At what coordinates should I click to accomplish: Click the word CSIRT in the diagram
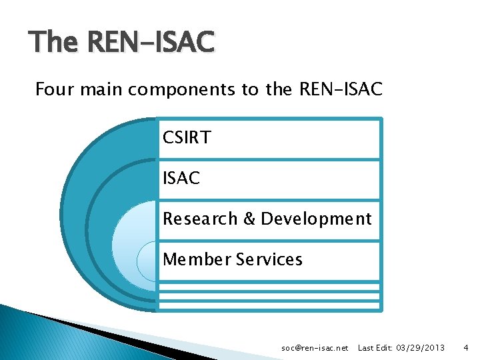click(x=187, y=138)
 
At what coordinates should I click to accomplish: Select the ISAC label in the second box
click(x=181, y=179)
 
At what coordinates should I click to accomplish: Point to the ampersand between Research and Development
click(x=249, y=219)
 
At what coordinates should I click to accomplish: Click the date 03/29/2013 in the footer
click(x=420, y=348)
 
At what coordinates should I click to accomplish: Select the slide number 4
click(x=466, y=348)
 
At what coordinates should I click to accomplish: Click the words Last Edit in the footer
click(x=375, y=348)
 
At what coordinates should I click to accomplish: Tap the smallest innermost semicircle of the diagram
click(x=147, y=261)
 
